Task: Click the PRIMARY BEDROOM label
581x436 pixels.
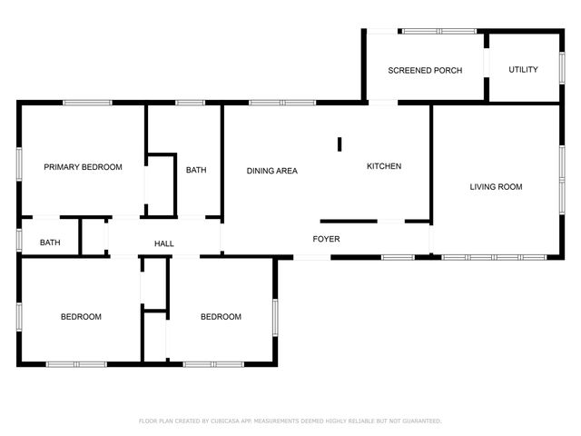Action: pos(84,167)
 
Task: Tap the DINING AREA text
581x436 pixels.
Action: pos(272,171)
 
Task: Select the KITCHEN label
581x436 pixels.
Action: pos(383,166)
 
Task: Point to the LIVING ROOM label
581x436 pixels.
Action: pos(496,187)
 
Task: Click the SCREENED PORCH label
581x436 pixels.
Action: pos(425,70)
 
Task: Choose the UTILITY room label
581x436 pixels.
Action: pos(523,70)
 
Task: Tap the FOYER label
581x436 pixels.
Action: pos(326,239)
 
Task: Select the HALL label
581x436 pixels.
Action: pos(164,243)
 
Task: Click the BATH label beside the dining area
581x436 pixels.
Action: pos(196,170)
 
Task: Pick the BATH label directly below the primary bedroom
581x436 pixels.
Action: pos(50,243)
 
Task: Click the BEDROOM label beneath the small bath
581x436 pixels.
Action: pos(81,317)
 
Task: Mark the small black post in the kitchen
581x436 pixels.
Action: pos(340,144)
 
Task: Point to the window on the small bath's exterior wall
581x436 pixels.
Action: pos(19,240)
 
